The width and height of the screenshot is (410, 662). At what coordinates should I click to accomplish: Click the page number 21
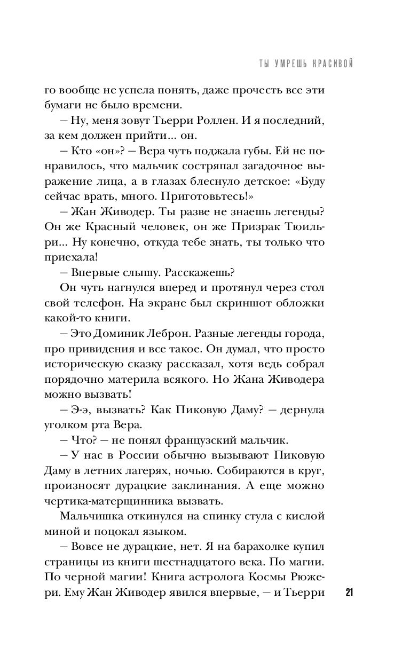coord(350,593)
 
